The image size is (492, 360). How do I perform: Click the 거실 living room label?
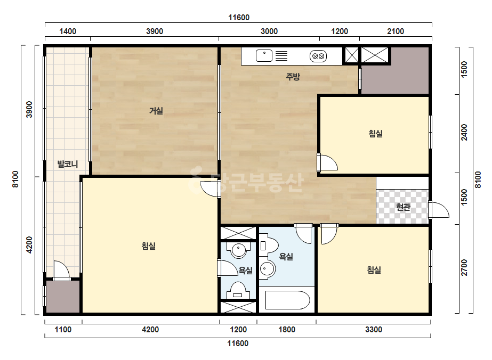[156, 111]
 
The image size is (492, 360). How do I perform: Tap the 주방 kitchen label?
[293, 77]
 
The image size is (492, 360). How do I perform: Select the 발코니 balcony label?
[68, 164]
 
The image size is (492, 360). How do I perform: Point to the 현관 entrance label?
[403, 207]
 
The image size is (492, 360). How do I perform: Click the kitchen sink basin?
[264, 56]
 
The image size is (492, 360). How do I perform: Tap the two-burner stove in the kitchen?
[318, 56]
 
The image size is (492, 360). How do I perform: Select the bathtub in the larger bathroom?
[287, 300]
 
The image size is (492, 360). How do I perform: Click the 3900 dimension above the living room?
[155, 31]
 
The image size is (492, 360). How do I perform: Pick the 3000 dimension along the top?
[269, 31]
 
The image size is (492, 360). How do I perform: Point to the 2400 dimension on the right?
[464, 133]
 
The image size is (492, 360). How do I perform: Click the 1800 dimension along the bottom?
[287, 330]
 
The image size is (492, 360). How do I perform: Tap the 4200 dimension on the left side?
[29, 245]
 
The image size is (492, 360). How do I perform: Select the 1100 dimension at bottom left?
[63, 330]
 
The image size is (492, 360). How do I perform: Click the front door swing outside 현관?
[439, 210]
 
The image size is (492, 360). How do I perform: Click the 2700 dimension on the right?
[464, 267]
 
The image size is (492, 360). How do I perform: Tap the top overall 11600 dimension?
[239, 18]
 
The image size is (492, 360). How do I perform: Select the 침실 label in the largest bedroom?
[148, 246]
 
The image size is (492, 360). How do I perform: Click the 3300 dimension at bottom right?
[374, 330]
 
